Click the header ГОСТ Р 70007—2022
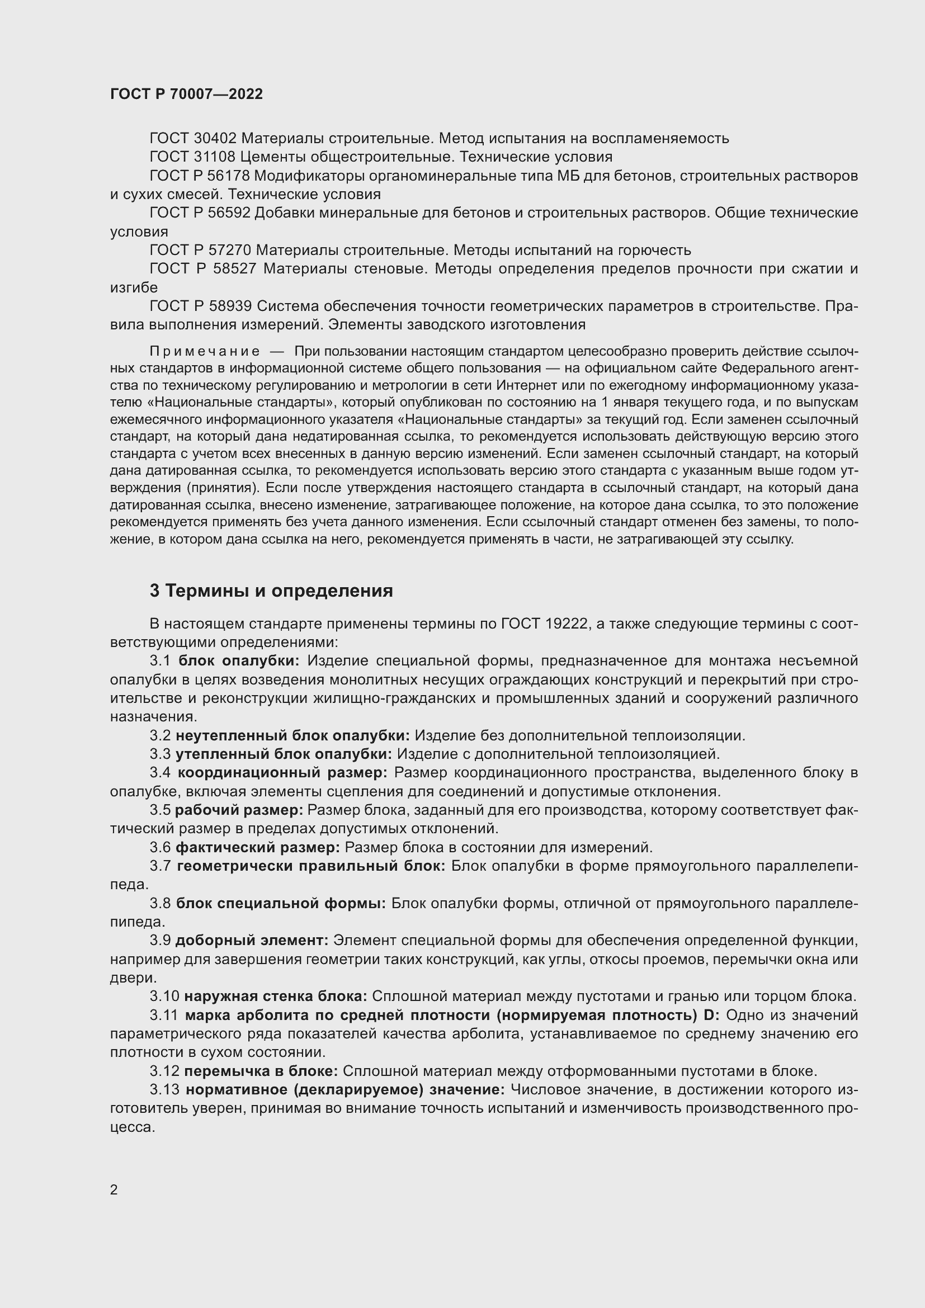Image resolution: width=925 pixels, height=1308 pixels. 186,95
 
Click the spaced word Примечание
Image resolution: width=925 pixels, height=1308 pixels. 205,351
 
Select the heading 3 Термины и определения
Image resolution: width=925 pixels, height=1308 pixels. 271,591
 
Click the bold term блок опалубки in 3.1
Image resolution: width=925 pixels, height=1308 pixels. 239,661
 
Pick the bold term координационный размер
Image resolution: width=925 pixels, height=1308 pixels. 282,773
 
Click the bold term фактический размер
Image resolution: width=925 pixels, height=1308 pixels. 257,848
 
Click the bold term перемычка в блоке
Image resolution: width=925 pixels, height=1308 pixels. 261,1071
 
